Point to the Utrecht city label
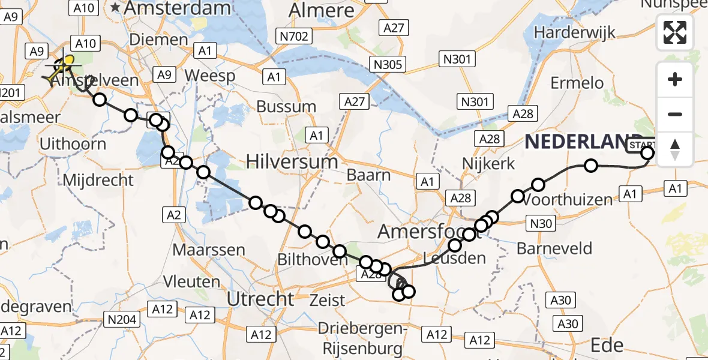pos(261,298)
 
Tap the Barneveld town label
pos(554,248)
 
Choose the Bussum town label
pos(286,107)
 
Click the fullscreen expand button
pos(675,32)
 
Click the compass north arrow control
pos(675,149)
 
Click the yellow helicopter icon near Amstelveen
pos(64,67)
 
